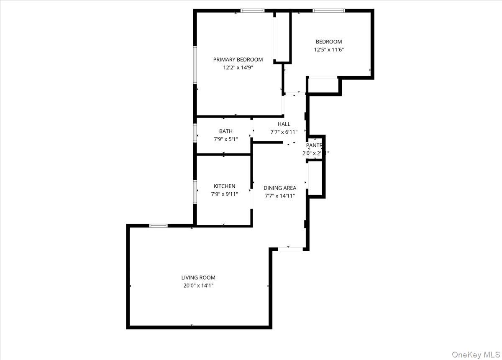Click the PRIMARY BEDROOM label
coord(238,59)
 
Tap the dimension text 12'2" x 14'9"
coord(238,67)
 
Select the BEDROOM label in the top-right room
coord(328,42)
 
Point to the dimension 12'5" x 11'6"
coord(329,49)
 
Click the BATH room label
coord(226,131)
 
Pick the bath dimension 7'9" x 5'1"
coord(226,139)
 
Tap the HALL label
coord(284,124)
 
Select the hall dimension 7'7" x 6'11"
coord(284,132)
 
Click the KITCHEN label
coord(225,186)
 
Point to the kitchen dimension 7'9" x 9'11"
coord(225,194)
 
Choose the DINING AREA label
coord(280,188)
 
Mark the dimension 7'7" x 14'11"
coord(280,196)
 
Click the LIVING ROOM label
coord(198,278)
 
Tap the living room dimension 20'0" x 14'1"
coord(198,286)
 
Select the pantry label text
coord(315,146)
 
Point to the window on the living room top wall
coord(159,226)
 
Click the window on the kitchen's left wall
coord(195,191)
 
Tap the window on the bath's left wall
coord(195,133)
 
